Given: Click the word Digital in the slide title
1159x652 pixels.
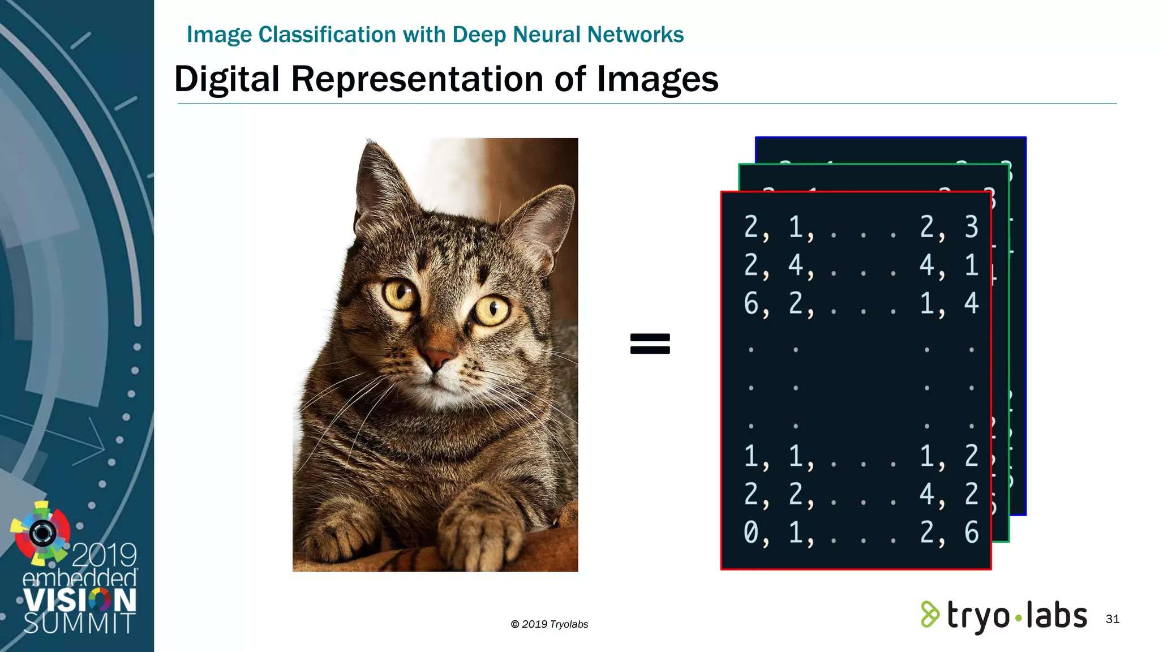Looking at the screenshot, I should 226,79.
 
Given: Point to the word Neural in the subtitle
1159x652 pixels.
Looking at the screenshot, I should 547,35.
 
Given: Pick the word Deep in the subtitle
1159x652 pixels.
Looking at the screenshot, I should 479,35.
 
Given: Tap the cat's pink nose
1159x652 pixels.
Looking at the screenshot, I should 436,358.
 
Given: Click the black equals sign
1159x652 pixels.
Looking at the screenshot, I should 650,344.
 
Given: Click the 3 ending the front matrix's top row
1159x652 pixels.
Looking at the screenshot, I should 971,227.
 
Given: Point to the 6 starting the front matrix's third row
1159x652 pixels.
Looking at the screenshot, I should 752,304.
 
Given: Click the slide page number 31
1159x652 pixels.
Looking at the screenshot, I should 1112,619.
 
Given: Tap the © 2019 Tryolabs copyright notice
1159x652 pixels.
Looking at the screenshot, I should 549,624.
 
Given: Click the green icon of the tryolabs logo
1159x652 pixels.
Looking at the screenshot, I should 929,615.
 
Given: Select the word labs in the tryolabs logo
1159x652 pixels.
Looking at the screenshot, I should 1056,616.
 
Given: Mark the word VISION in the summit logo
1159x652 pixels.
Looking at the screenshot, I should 79,600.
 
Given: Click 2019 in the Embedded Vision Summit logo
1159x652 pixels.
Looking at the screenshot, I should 104,555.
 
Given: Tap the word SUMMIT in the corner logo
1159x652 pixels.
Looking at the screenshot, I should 79,623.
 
